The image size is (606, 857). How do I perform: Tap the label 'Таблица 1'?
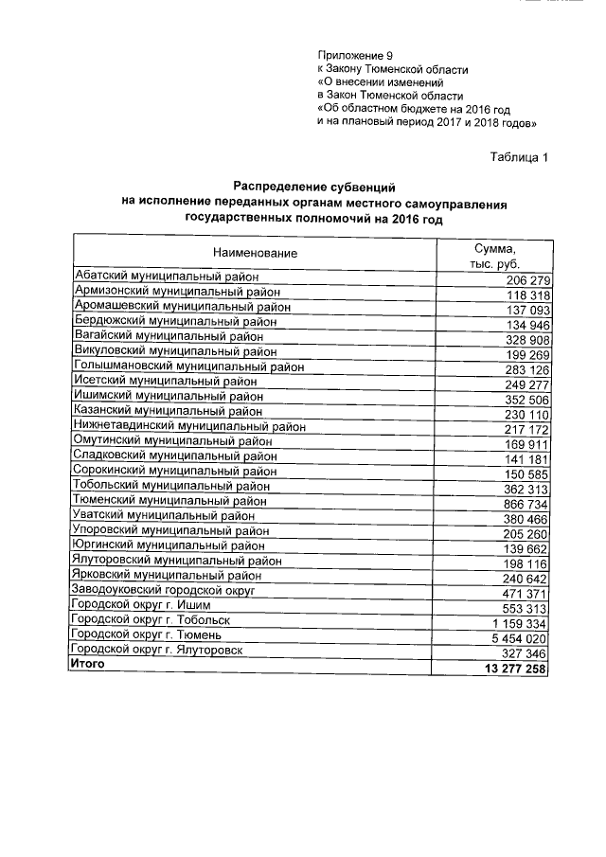[x=520, y=157]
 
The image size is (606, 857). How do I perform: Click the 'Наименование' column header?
[x=255, y=253]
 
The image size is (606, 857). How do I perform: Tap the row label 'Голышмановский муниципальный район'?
[x=189, y=366]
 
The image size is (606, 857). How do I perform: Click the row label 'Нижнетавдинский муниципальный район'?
[x=189, y=426]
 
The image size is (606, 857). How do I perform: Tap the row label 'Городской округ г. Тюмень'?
[x=147, y=634]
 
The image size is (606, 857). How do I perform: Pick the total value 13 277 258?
[x=515, y=670]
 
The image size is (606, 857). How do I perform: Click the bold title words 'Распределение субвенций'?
[x=313, y=186]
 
